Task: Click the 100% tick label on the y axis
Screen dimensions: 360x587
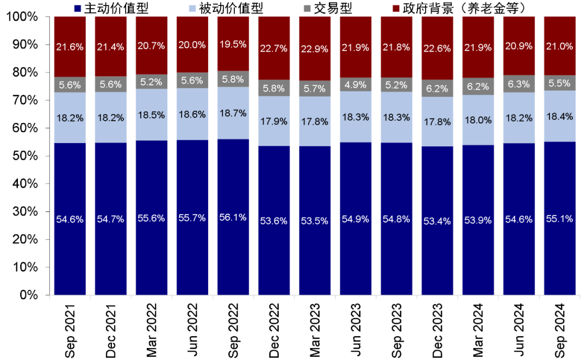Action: (x=23, y=17)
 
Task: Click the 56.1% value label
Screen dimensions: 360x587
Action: (x=233, y=218)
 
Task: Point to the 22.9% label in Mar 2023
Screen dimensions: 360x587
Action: (x=315, y=49)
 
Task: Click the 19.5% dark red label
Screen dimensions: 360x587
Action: (x=233, y=45)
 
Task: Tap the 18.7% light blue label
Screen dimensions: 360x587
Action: (x=233, y=113)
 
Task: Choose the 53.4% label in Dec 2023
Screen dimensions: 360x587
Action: (x=437, y=219)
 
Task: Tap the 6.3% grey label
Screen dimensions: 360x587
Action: (x=519, y=83)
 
